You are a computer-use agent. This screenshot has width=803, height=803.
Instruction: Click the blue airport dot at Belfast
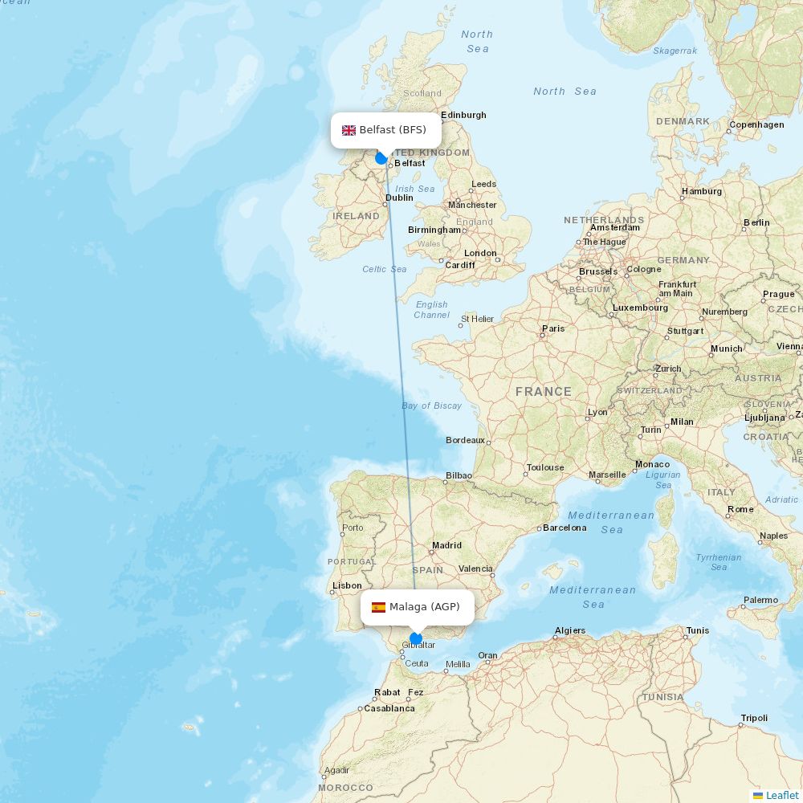point(381,158)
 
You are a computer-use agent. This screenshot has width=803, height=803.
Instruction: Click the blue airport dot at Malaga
point(416,639)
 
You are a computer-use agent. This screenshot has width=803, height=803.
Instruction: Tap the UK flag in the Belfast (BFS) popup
point(349,130)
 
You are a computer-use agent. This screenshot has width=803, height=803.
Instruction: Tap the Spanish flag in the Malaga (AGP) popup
point(378,607)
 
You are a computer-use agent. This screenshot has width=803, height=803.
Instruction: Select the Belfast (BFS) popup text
point(393,130)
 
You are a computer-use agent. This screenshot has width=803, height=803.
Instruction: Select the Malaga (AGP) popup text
point(425,607)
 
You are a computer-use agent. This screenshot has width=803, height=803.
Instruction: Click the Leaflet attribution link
point(781,795)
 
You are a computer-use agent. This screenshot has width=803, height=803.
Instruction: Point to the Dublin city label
point(399,198)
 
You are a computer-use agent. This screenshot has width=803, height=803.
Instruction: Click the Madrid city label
point(446,545)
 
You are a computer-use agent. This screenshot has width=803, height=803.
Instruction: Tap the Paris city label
point(553,328)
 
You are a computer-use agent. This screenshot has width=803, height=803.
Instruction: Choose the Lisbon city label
point(347,585)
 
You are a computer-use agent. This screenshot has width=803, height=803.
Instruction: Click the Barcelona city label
point(565,528)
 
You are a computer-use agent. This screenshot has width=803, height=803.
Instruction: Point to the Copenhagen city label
point(756,124)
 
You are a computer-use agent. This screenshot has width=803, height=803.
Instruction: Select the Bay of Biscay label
point(432,406)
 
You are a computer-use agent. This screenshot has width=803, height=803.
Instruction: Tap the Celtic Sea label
point(385,269)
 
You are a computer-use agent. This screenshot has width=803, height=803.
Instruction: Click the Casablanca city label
point(389,708)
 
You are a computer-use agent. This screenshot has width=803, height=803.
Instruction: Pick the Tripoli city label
point(754,718)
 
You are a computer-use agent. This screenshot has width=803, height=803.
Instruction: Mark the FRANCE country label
point(544,392)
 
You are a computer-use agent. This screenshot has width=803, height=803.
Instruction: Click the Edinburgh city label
point(463,115)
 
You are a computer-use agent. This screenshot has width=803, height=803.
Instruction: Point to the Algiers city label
point(570,630)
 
